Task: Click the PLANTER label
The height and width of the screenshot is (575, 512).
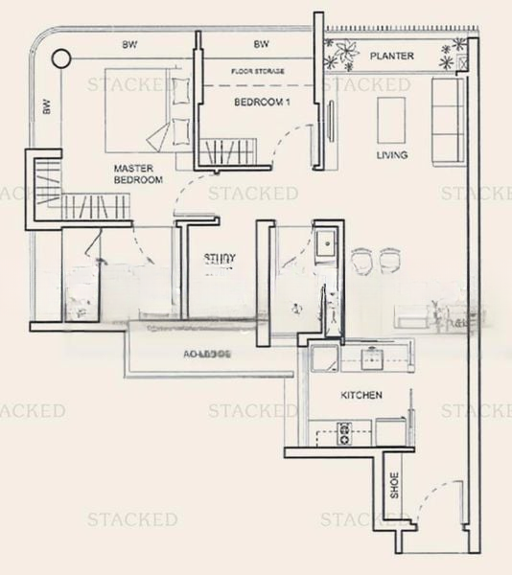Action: pos(393,56)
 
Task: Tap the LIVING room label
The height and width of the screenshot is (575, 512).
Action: pos(392,154)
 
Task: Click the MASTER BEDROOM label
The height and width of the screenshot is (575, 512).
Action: pos(136,173)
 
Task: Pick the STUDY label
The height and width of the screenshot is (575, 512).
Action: pos(220,259)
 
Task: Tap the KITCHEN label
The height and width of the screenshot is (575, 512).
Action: pos(361,395)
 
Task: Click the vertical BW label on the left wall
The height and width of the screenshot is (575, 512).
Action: pos(45,107)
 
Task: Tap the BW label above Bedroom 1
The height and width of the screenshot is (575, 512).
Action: pos(261,45)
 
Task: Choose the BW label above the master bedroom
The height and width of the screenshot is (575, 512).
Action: pos(127,45)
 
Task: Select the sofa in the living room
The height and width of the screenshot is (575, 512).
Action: pos(447,120)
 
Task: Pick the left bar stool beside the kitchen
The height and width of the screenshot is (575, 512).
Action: pos(361,260)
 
